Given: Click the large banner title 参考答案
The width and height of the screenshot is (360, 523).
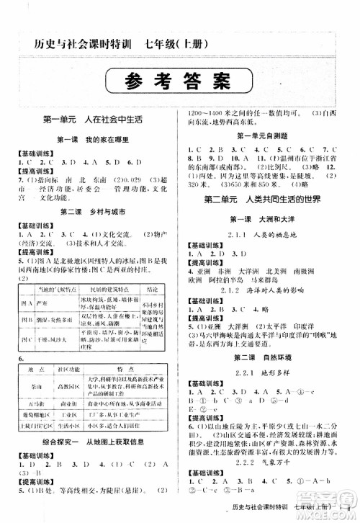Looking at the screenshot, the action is (x=179, y=79).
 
